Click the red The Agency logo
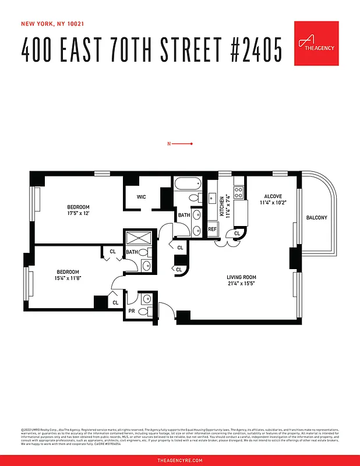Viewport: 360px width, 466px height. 316,43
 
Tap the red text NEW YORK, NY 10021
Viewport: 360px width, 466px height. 52,24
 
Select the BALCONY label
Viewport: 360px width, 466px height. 317,218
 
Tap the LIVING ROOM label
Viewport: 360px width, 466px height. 241,277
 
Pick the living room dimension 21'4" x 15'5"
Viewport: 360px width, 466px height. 241,284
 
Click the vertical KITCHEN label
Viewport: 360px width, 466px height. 221,206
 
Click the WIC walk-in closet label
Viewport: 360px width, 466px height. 142,197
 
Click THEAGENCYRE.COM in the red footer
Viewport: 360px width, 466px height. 180,460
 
